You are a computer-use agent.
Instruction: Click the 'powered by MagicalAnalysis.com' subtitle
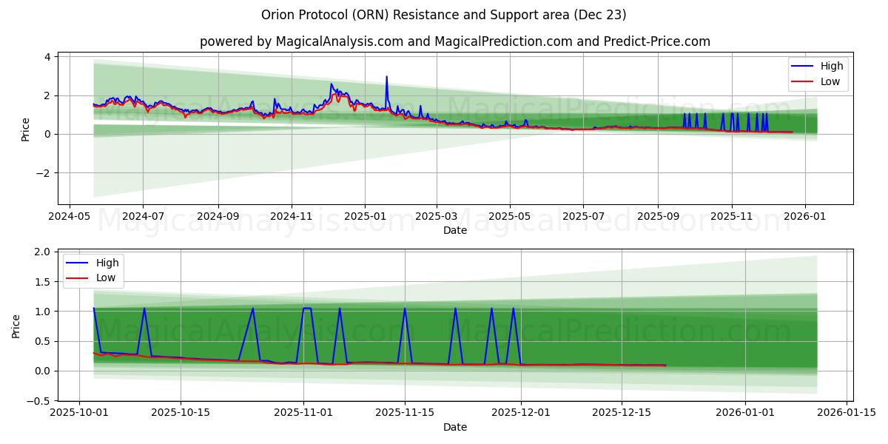pos(454,41)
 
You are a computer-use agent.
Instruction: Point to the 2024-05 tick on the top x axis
pos(70,217)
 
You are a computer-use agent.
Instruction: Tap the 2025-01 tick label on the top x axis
pos(364,217)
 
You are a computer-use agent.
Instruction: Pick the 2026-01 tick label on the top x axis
pos(804,217)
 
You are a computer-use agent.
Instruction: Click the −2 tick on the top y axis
pos(44,173)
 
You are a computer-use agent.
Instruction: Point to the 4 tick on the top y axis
pos(47,57)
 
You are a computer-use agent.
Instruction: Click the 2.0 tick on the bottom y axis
pos(41,252)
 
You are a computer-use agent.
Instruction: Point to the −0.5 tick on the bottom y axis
pos(38,401)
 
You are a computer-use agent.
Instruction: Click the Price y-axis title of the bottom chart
pos(16,326)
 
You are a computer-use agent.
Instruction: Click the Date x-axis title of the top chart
pos(454,230)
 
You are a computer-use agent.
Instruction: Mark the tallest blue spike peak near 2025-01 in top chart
pos(386,76)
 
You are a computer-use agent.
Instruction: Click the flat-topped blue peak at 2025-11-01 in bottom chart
pos(307,308)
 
